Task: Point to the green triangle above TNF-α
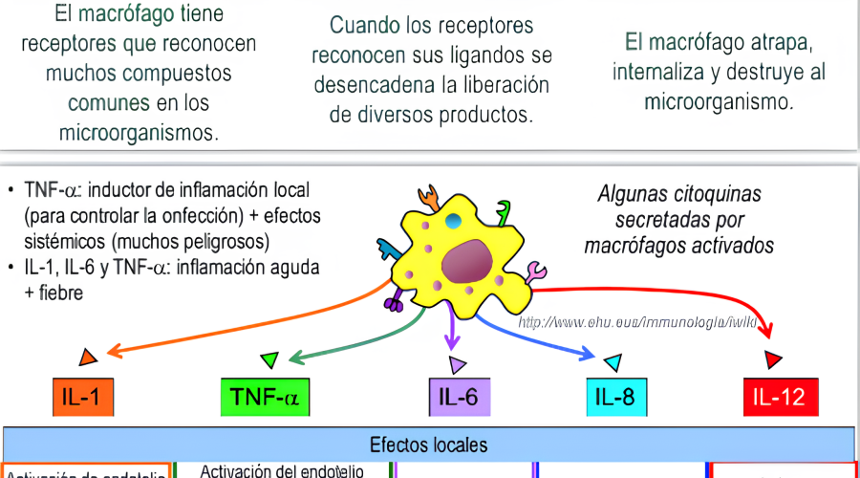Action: pos(270,359)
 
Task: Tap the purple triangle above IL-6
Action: pos(458,362)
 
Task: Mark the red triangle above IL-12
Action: pos(774,359)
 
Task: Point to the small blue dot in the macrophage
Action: pos(453,221)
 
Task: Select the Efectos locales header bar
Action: pos(429,445)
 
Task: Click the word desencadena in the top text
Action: pos(375,84)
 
